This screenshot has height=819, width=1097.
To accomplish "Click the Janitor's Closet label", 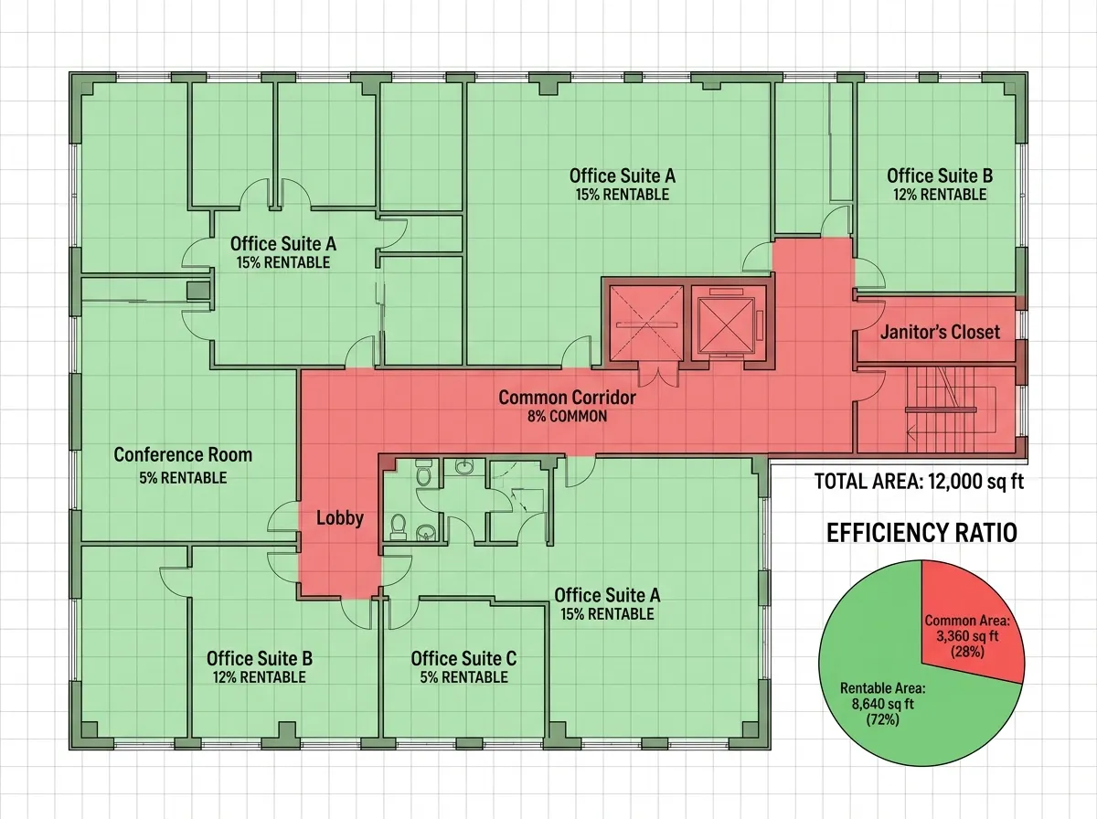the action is (940, 333).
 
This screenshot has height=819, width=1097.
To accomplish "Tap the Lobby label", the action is (340, 518).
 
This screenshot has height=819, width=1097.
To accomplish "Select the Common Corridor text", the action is (568, 398).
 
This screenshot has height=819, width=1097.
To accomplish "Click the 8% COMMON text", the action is (568, 416).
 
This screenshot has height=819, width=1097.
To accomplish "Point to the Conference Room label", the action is (183, 454).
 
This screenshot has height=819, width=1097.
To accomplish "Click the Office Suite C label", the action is (463, 659).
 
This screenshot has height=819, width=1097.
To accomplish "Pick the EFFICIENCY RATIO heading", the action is (922, 533).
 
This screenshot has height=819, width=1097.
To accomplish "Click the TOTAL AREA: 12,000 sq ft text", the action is (919, 481).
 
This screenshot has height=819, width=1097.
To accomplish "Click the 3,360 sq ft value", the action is (967, 636).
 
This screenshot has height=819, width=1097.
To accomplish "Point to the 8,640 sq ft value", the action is (882, 704).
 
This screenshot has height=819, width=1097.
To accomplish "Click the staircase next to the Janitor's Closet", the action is (940, 409).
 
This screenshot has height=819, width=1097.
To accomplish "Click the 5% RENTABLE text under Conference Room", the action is (183, 478).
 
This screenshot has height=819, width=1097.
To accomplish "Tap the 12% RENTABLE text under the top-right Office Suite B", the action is (940, 195).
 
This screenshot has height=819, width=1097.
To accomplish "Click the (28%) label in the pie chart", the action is (967, 652).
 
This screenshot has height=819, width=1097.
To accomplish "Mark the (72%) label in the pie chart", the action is (882, 719).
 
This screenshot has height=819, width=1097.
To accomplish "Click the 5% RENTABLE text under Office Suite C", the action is (463, 677).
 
